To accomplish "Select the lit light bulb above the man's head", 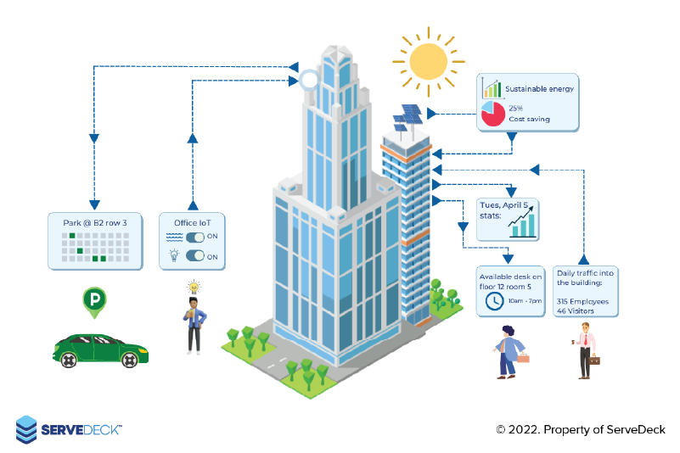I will point(193,286).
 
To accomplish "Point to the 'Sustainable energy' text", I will point(540,88).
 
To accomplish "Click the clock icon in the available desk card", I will point(492,302).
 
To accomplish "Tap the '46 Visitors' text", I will point(576,311).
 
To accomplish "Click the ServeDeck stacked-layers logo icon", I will point(26,429).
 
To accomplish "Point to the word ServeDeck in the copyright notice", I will point(636,430).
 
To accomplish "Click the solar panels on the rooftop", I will point(407,120).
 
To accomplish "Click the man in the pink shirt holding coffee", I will point(584,348).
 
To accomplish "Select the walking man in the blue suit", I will point(509,350).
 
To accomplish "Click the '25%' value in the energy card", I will point(515,108).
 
